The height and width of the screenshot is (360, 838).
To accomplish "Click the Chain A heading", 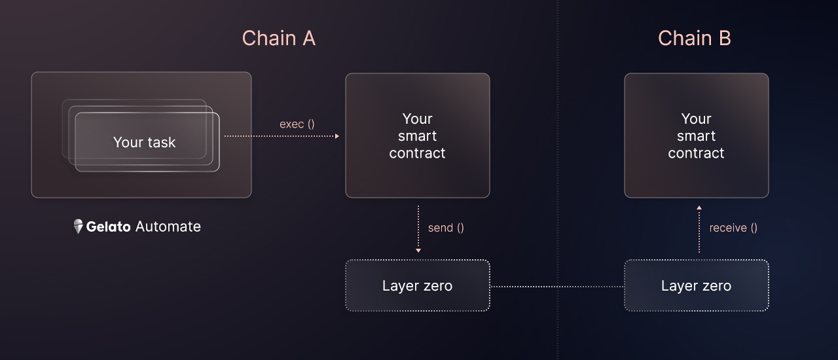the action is coord(279,38).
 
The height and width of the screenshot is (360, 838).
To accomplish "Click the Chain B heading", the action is coord(695,38).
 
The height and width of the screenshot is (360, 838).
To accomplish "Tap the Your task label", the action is coord(145,142).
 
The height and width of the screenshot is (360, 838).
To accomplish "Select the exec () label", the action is coord(297,124).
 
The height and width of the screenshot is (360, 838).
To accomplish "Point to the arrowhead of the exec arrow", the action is coord(337,136).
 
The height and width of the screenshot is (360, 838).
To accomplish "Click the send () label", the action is coord(446,228).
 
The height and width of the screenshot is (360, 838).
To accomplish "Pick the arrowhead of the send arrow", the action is coord(418,250).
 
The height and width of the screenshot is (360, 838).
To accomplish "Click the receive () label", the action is coord(733,228).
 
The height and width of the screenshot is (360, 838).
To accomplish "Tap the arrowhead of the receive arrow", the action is coord(699,207).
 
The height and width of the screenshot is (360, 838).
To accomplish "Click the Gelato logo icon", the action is coord(78,226).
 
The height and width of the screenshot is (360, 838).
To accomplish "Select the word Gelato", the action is coord(108,226).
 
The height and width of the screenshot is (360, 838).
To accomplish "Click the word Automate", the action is coord(168,226).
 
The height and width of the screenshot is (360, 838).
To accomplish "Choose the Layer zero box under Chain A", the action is coord(418,285).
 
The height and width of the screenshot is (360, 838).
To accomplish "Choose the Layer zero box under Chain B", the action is coord(696,285).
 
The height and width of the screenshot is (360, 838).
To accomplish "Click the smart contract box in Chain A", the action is coord(418,135).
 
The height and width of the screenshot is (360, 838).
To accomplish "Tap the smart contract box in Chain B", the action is coord(696,135).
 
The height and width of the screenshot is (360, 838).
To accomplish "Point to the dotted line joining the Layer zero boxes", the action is coord(557,287).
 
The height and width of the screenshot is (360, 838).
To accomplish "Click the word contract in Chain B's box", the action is coord(696,153).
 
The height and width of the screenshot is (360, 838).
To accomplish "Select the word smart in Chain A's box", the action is coord(418,136).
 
